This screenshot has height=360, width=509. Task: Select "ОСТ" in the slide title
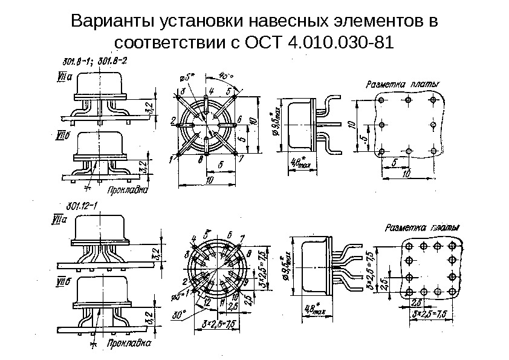click(x=265, y=44)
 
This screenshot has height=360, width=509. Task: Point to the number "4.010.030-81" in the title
click(x=340, y=44)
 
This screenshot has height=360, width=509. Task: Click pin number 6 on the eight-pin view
click(x=239, y=119)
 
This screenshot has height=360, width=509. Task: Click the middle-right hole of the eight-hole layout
click(x=433, y=125)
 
